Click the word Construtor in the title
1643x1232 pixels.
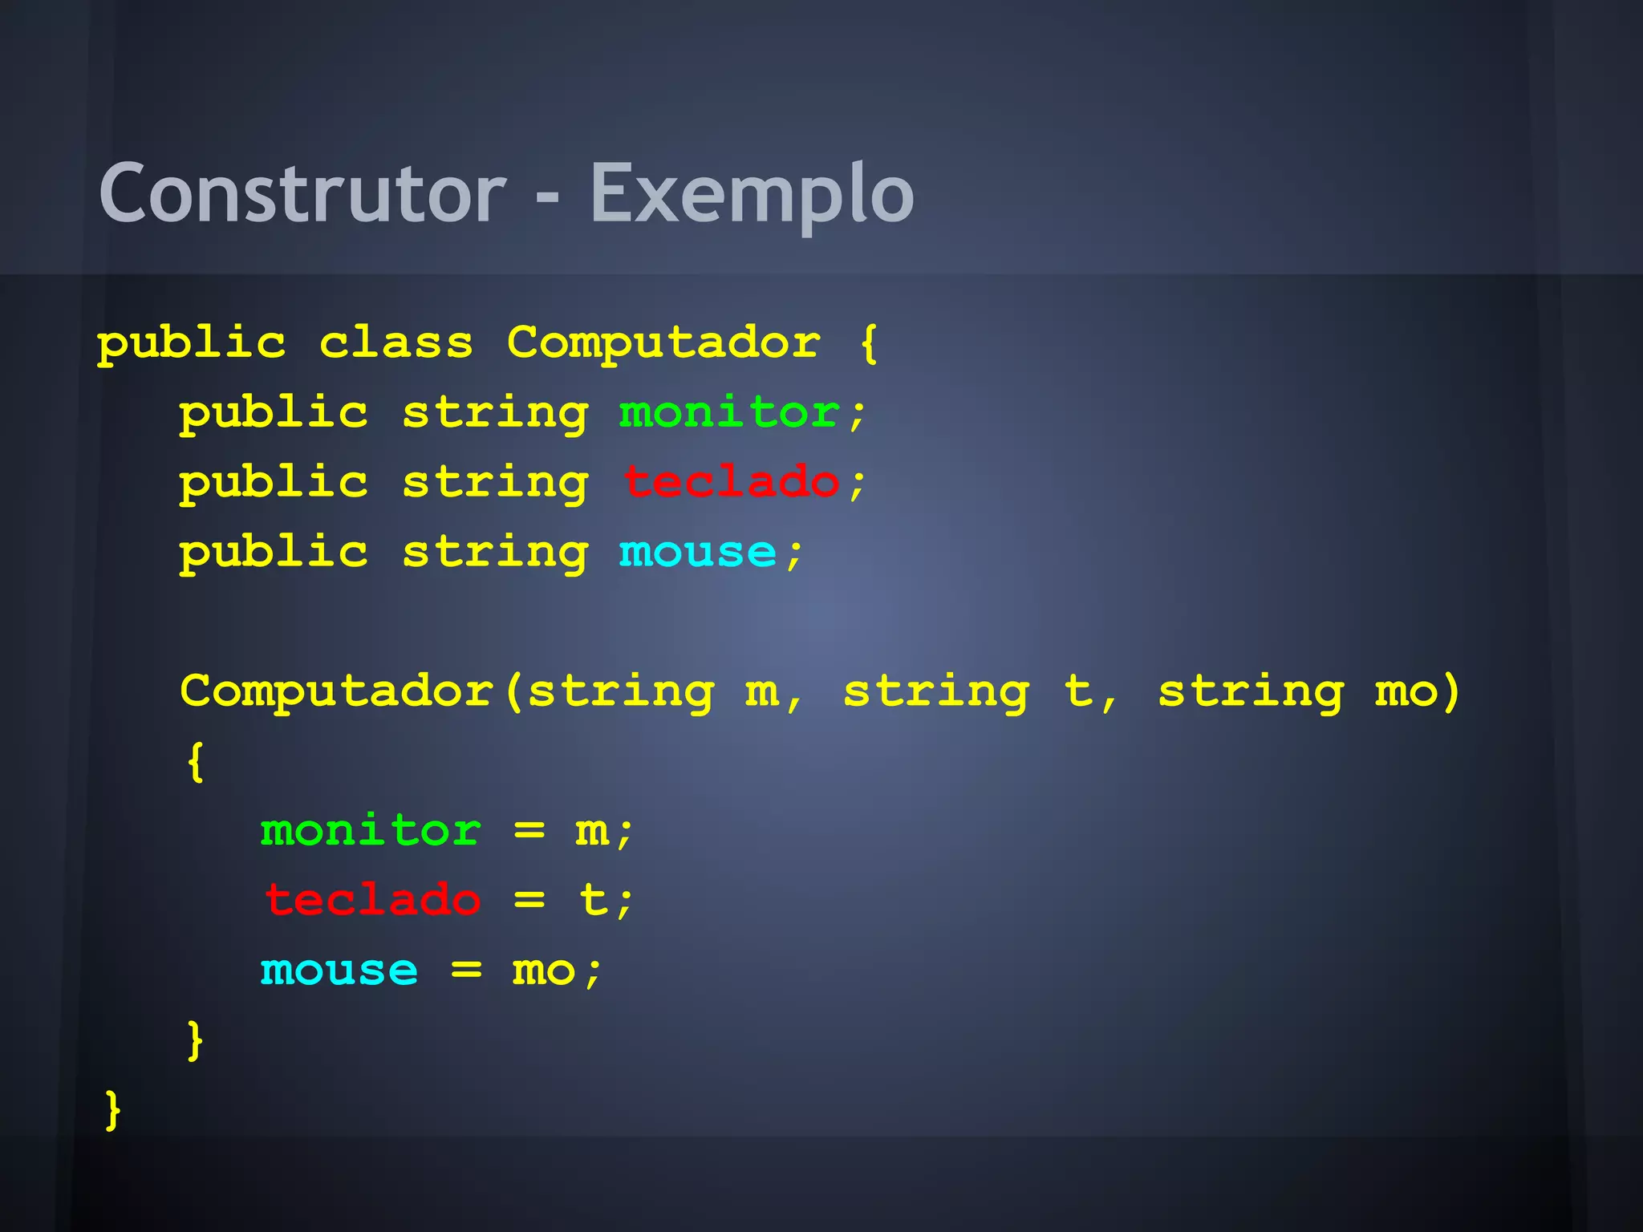pyautogui.click(x=302, y=193)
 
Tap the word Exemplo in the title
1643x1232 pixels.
pyautogui.click(x=752, y=193)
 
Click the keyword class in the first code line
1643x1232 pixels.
pyautogui.click(x=396, y=343)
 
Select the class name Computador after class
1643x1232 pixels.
pyautogui.click(x=663, y=343)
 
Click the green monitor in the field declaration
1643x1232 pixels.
pyautogui.click(x=729, y=413)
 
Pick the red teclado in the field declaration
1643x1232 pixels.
pyautogui.click(x=731, y=483)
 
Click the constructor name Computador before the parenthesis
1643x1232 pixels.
pyautogui.click(x=337, y=691)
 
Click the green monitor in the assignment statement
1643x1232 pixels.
pyautogui.click(x=371, y=830)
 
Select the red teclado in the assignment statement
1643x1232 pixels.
pyautogui.click(x=372, y=900)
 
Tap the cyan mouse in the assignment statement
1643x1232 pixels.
pyautogui.click(x=339, y=971)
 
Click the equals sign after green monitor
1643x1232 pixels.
pyautogui.click(x=529, y=830)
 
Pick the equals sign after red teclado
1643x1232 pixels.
pyautogui.click(x=529, y=900)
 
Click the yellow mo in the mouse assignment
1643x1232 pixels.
pyautogui.click(x=544, y=971)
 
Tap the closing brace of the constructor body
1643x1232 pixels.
pyautogui.click(x=195, y=1041)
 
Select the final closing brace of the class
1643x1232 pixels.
pyautogui.click(x=113, y=1111)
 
